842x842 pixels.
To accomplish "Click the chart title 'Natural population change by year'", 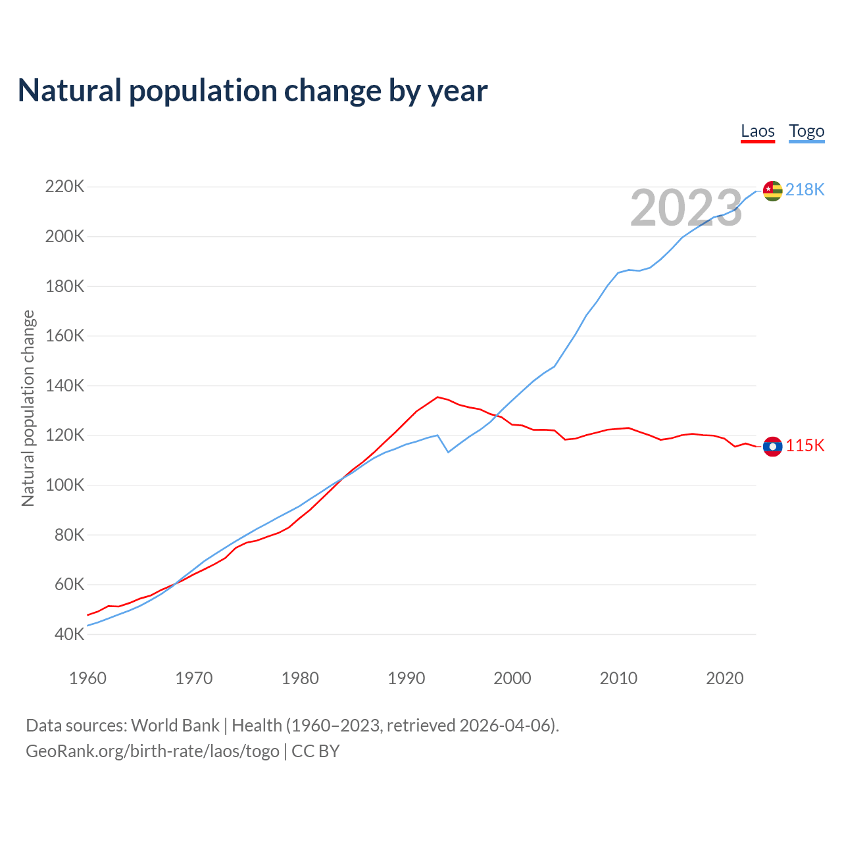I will point(253,91).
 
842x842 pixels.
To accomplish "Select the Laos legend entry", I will point(757,131).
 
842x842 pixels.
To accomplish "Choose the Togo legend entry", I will point(806,131).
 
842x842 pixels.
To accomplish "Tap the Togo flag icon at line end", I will point(772,191).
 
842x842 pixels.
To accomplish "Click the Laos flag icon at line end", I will point(772,447).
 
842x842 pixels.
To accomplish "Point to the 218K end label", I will point(805,189).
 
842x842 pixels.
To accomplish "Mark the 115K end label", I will point(805,445).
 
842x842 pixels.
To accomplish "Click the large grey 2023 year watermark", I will point(686,208).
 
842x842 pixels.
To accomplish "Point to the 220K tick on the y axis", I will point(64,187).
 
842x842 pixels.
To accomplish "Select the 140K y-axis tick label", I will point(64,385).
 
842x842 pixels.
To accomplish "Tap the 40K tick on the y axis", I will point(69,634).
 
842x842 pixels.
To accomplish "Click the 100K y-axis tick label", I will point(64,485).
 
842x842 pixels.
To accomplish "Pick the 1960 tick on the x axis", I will point(87,678).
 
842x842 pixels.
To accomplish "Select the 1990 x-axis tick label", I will point(407,678).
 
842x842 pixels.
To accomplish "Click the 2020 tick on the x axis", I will point(724,678).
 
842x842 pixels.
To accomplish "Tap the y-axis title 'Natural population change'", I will point(28,408).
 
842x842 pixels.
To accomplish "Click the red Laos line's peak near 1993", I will point(437,397).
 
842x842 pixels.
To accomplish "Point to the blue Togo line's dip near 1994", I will point(448,452).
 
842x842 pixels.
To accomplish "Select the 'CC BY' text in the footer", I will point(315,751).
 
